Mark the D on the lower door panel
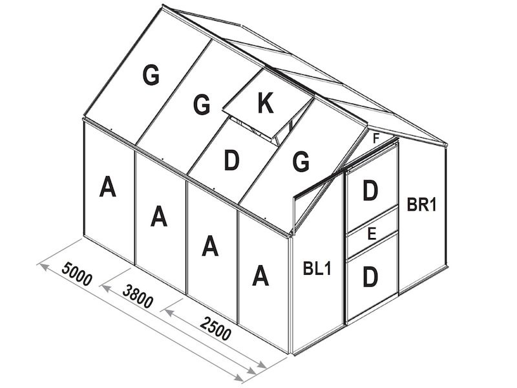click(370, 276)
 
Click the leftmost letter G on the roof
click(151, 76)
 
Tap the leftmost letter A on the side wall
click(108, 188)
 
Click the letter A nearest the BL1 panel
click(260, 276)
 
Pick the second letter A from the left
click(159, 217)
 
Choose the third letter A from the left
click(209, 246)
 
